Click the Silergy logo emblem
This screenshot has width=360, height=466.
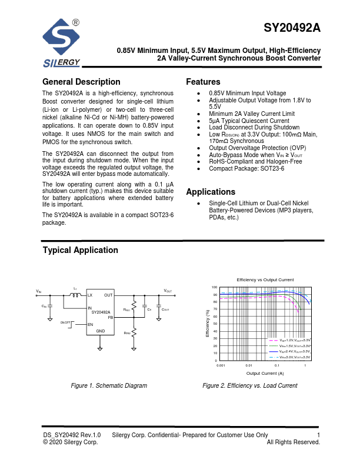[61, 38]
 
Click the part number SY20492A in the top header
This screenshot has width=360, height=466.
[292, 28]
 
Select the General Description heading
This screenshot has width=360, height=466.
[81, 82]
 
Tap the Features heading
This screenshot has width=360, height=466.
[203, 82]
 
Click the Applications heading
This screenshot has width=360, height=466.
[211, 192]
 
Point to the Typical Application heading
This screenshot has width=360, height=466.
[80, 250]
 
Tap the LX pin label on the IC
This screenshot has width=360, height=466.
[90, 295]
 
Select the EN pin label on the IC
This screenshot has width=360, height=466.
[90, 324]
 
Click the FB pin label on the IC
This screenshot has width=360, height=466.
[110, 317]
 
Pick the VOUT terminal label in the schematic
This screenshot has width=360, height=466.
[168, 291]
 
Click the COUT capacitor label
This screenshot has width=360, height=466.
[165, 309]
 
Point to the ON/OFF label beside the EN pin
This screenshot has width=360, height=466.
[65, 322]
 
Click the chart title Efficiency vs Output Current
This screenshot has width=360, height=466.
[265, 279]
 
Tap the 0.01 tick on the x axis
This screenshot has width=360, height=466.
[249, 366]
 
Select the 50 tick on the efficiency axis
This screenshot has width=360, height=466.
[215, 324]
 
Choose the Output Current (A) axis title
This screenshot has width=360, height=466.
[265, 373]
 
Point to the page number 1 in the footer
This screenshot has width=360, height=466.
[318, 435]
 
